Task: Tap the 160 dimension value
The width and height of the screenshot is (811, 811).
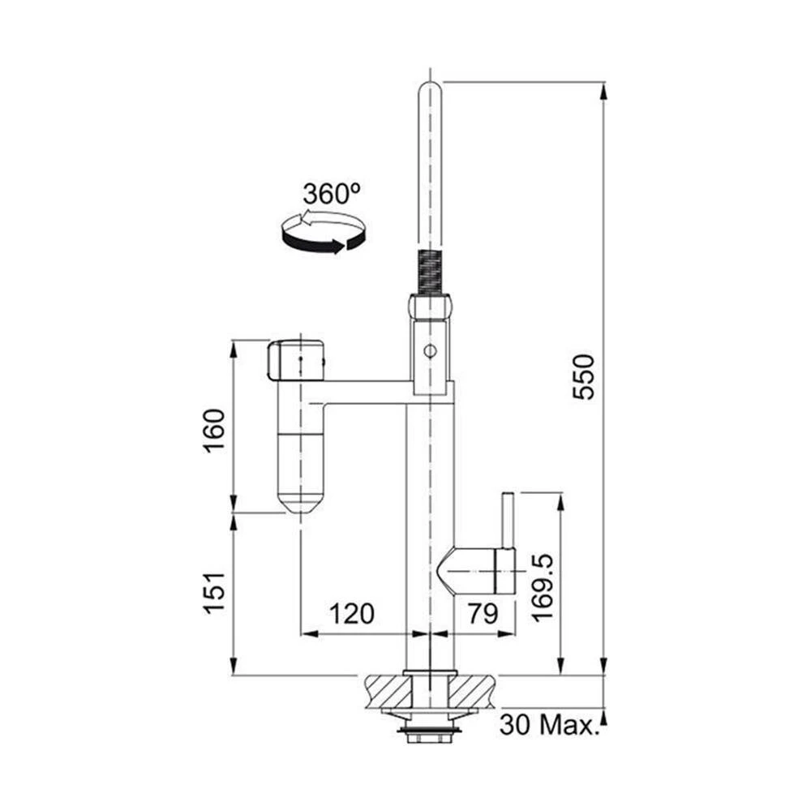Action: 214,431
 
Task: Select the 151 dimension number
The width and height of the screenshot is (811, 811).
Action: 214,593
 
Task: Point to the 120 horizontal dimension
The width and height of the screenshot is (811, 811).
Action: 352,614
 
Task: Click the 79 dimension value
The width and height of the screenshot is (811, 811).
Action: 483,614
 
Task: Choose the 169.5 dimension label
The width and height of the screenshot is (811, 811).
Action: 542,587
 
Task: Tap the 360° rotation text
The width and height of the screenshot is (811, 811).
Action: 331,194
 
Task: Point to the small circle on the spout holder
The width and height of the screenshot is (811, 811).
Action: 429,351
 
